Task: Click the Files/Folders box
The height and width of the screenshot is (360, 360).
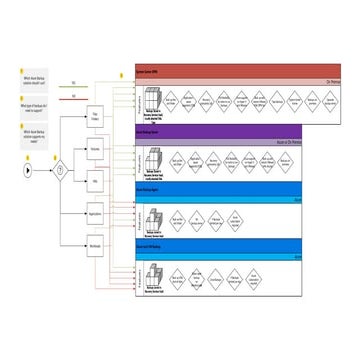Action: [x=98, y=117]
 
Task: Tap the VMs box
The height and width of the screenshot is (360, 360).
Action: [x=98, y=180]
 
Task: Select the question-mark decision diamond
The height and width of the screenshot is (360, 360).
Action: [x=59, y=169]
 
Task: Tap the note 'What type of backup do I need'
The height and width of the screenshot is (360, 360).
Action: [x=30, y=104]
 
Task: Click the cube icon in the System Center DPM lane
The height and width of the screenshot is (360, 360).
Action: [x=151, y=101]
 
